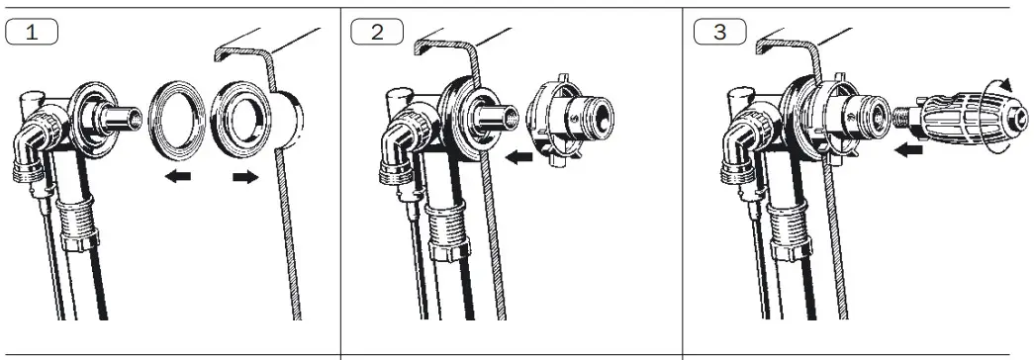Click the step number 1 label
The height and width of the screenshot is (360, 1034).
click(x=33, y=32)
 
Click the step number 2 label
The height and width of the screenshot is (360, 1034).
click(x=377, y=32)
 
